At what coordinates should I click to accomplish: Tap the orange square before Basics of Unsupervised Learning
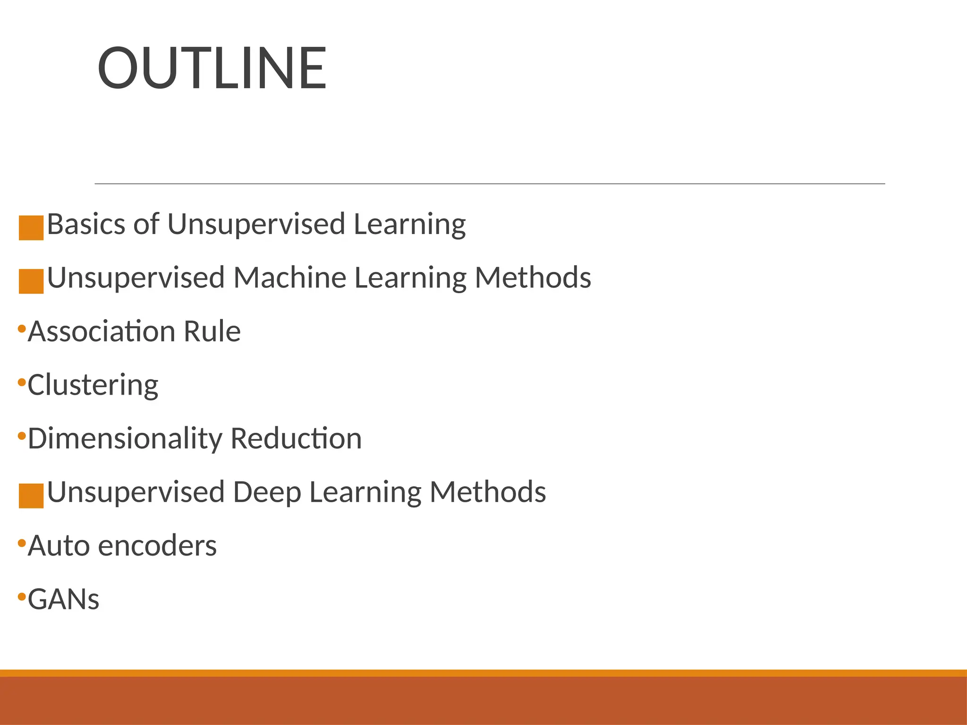coord(31,228)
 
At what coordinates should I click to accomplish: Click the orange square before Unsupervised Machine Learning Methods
coord(31,281)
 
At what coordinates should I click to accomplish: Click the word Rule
coord(212,331)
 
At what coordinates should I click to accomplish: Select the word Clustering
coord(93,385)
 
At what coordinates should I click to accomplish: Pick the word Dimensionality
coord(125,438)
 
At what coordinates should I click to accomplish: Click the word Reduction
coord(296,438)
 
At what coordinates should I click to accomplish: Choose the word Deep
coord(267,492)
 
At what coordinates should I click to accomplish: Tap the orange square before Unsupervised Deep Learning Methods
coord(31,496)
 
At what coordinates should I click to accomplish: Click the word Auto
coord(59,546)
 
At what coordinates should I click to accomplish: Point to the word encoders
coord(158,546)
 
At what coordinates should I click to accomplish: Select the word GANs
coord(64,599)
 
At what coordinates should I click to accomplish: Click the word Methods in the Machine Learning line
coord(533,278)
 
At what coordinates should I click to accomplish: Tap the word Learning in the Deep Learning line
coord(365,492)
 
